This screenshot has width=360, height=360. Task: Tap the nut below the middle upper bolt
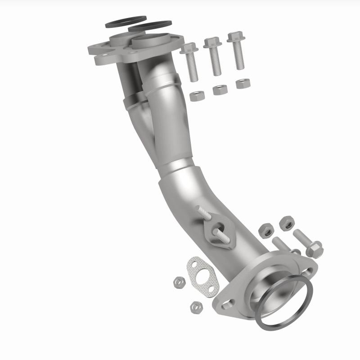click(220, 90)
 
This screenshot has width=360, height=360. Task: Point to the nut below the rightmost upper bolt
click(243, 84)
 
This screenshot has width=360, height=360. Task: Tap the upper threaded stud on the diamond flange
click(202, 213)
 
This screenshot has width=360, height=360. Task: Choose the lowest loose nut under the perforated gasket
click(196, 308)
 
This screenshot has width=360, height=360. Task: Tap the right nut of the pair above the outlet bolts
click(285, 222)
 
